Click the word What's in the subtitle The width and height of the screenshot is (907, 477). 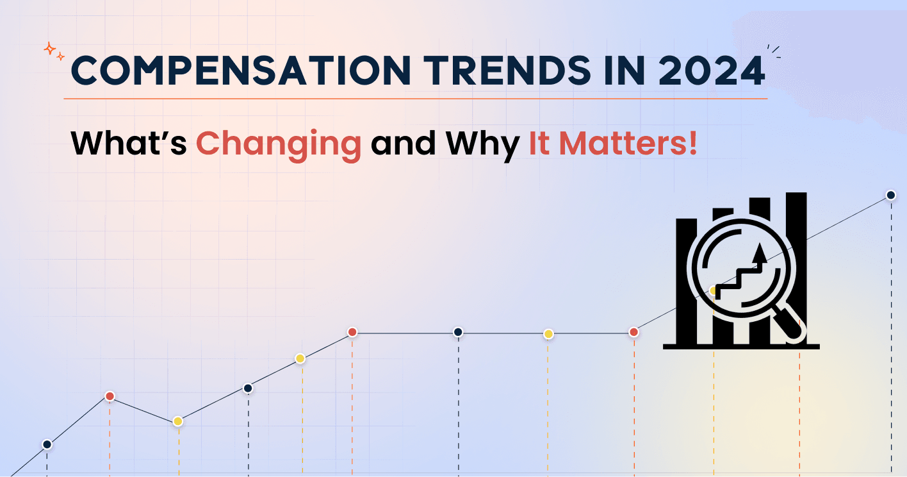coord(128,143)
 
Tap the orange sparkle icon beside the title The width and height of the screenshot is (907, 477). coord(53,51)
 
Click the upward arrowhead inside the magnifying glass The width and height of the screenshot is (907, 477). coord(760,250)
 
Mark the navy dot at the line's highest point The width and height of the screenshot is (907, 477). coord(890,195)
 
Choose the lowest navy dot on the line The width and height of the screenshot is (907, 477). coord(47,444)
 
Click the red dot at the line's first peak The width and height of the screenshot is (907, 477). coord(110,396)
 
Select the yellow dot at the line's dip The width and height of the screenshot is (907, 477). coord(178,421)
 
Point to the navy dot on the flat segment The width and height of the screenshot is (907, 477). coord(458,332)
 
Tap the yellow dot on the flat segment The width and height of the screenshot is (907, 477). coord(548,334)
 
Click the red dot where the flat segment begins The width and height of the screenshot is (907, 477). coord(352,332)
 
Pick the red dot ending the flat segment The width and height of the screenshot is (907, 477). coord(633,332)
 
